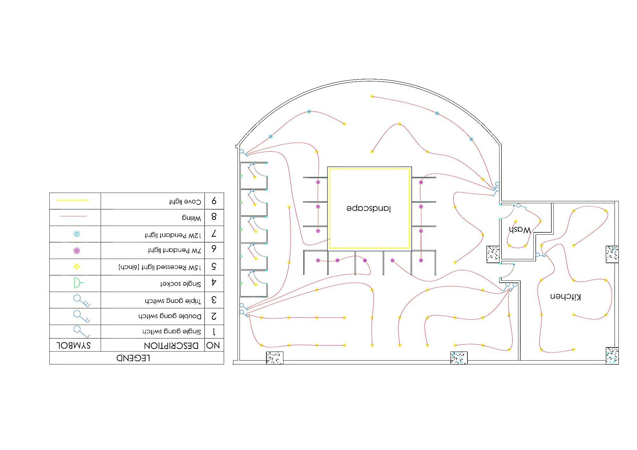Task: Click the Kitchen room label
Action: pos(566,296)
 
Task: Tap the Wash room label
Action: pos(520,230)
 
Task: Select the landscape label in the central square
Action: pos(369,208)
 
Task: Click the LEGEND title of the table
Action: pos(133,358)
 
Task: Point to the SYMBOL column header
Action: pos(74,346)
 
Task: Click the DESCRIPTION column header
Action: pos(171,346)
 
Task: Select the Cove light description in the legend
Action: pos(185,202)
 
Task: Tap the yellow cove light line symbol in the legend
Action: pos(72,200)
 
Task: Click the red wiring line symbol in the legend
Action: pos(73,216)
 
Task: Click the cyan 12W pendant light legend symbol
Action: pos(77,234)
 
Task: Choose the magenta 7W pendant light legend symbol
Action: pos(77,251)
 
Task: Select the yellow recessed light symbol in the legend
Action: pos(77,267)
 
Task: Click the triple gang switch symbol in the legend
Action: pos(81,300)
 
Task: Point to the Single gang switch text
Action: pos(172,331)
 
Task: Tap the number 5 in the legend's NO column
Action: pos(214,267)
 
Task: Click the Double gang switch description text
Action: pos(170,316)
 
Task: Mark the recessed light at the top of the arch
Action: pos(372,96)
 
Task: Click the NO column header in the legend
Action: pos(213,346)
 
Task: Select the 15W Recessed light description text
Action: pos(160,267)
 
